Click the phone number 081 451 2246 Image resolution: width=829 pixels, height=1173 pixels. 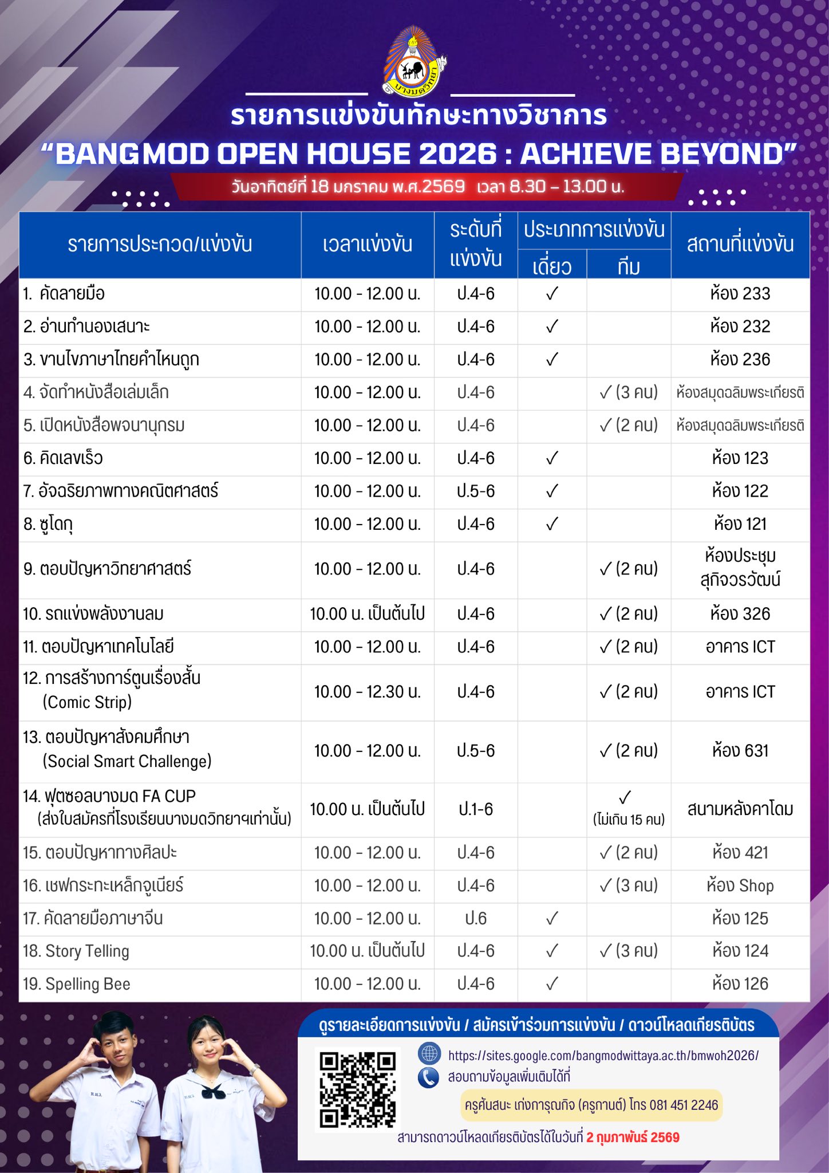684,1105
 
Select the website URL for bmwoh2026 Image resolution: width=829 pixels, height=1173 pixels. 603,1056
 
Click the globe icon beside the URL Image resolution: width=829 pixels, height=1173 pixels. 429,1054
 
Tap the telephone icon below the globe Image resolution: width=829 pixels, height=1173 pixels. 428,1077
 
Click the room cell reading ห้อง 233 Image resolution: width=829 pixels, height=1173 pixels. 740,294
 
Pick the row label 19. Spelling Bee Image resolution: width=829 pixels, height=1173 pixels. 77,984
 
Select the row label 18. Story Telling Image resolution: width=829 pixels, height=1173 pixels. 76,951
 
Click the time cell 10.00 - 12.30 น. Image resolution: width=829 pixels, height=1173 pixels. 367,692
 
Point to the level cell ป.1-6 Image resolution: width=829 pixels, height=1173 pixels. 476,809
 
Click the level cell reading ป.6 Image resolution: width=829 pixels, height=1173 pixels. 476,918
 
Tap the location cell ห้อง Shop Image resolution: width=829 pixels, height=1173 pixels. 740,885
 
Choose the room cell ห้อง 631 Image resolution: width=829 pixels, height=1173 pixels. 740,751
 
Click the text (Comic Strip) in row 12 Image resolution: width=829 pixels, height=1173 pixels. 87,702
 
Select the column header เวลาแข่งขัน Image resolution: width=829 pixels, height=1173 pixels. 367,245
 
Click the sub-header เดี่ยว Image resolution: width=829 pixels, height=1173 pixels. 552,266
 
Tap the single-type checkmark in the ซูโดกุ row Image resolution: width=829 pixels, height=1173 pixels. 552,524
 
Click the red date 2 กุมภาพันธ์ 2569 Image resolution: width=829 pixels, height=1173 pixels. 633,1137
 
